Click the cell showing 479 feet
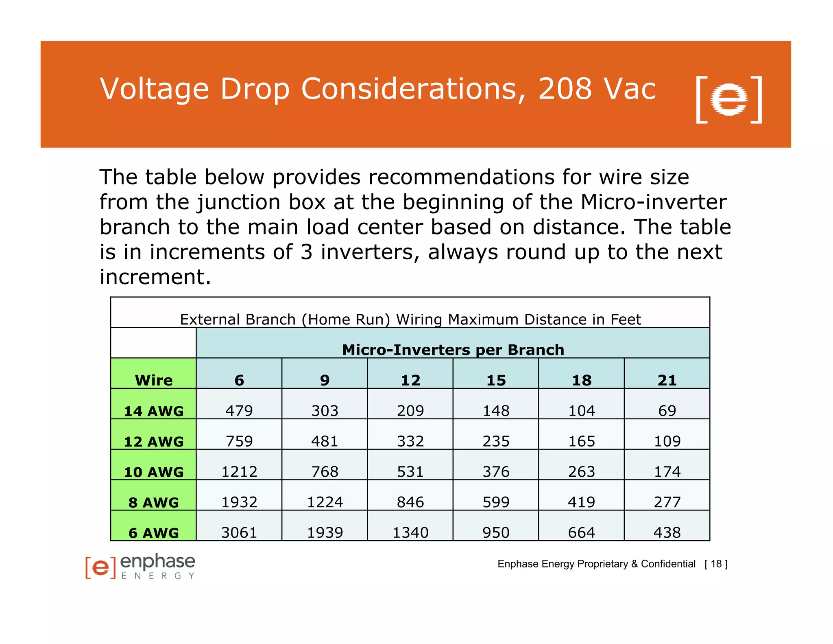239,410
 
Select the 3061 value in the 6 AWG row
239,532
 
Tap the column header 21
667,380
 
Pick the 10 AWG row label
154,472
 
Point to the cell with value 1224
325,502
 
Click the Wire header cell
154,380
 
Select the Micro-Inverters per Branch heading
453,349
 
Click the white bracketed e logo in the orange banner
729,99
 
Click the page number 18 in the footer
716,564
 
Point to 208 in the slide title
565,88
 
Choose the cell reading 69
667,410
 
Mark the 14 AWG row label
154,411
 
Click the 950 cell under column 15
496,532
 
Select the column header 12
410,380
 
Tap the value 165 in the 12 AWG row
582,441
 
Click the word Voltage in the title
154,89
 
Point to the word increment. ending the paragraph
155,277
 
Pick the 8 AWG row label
154,502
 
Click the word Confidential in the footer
668,564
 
